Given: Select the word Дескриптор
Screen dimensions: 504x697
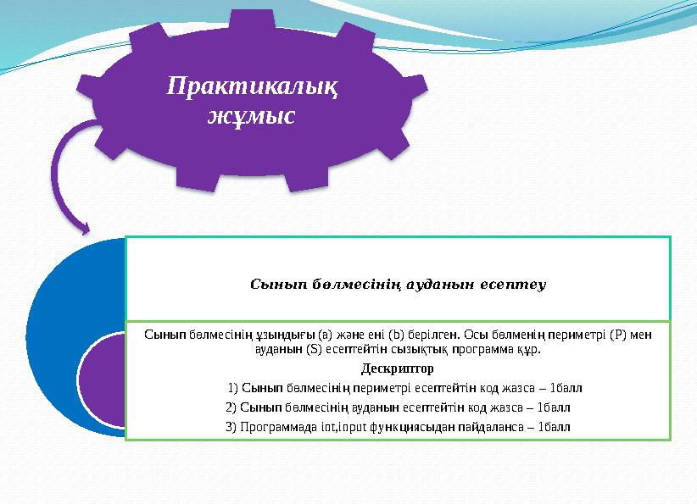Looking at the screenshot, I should pos(398,368).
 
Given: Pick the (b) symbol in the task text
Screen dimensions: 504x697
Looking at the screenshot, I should pos(397,335).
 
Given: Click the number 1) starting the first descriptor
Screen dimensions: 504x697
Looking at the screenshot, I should pos(232,389).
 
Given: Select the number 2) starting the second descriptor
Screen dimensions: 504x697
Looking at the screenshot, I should pos(231,407).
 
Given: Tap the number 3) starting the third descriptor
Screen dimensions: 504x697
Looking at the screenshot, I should pos(231,426).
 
